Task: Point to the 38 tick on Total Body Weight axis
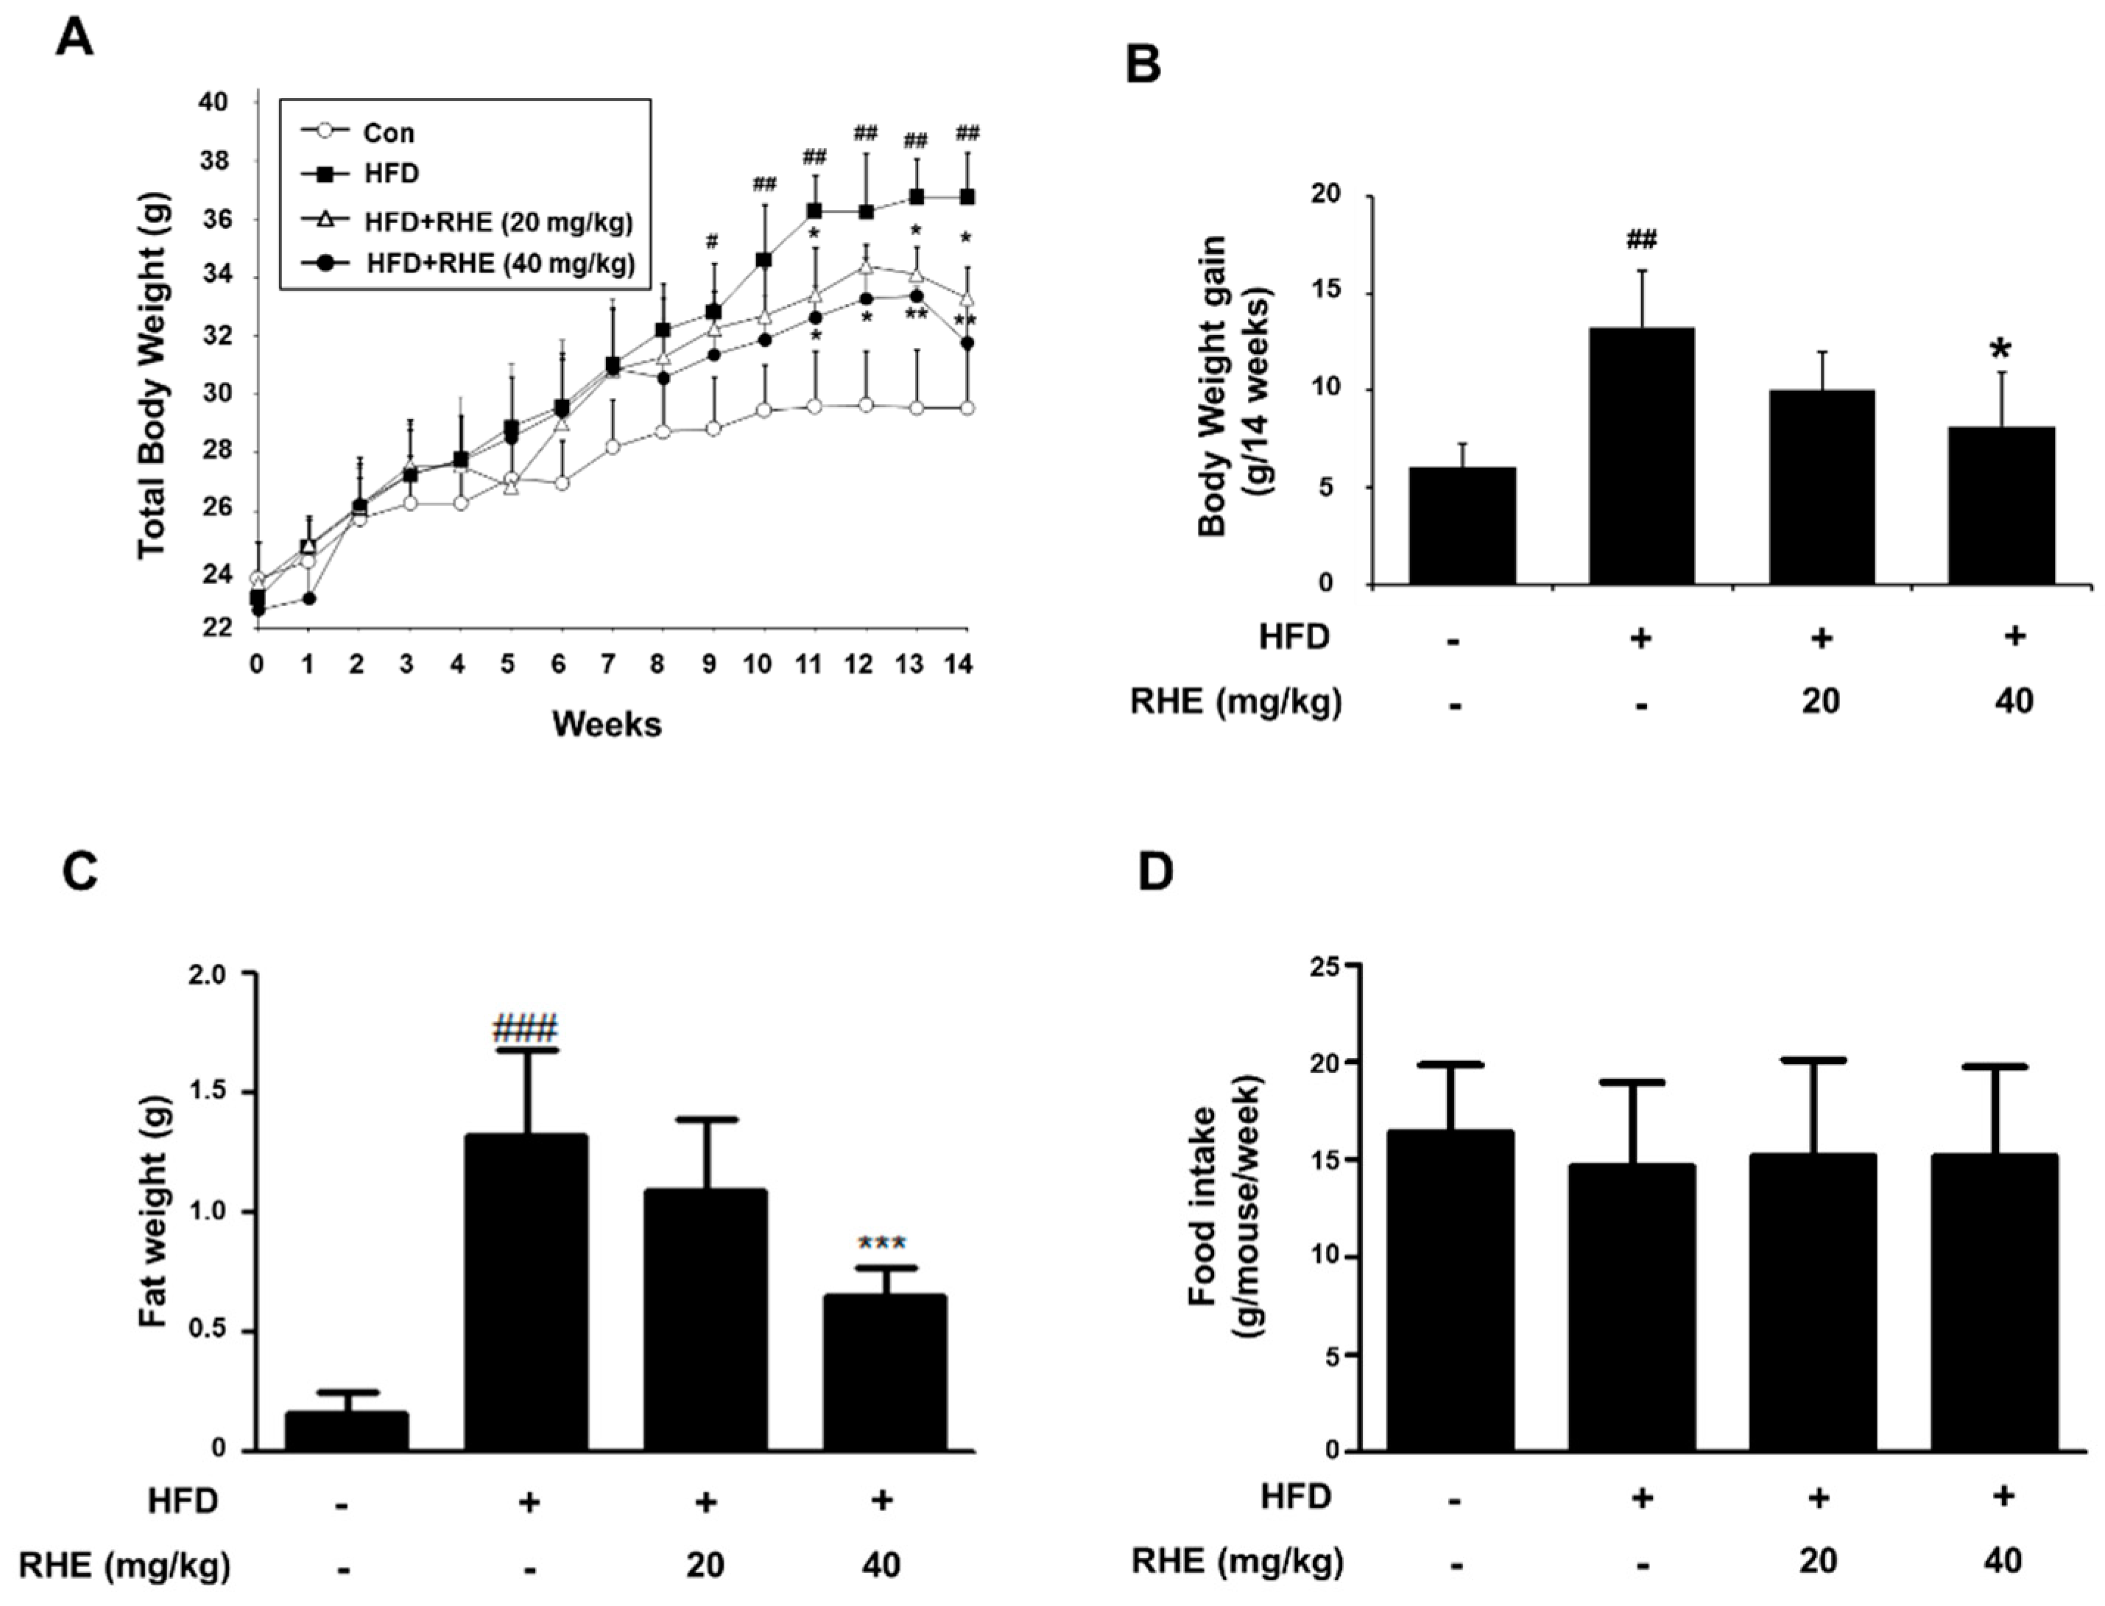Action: click(x=215, y=161)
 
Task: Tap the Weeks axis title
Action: click(x=606, y=725)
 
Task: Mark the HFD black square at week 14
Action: click(x=967, y=197)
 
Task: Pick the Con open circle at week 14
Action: click(x=967, y=408)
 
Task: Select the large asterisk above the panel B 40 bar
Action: click(x=2000, y=351)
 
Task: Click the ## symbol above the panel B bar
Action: click(x=1640, y=239)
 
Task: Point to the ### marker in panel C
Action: click(x=525, y=1029)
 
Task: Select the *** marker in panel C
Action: click(x=881, y=1244)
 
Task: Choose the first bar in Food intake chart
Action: click(x=1450, y=1291)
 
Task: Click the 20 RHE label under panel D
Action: click(x=1818, y=1561)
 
